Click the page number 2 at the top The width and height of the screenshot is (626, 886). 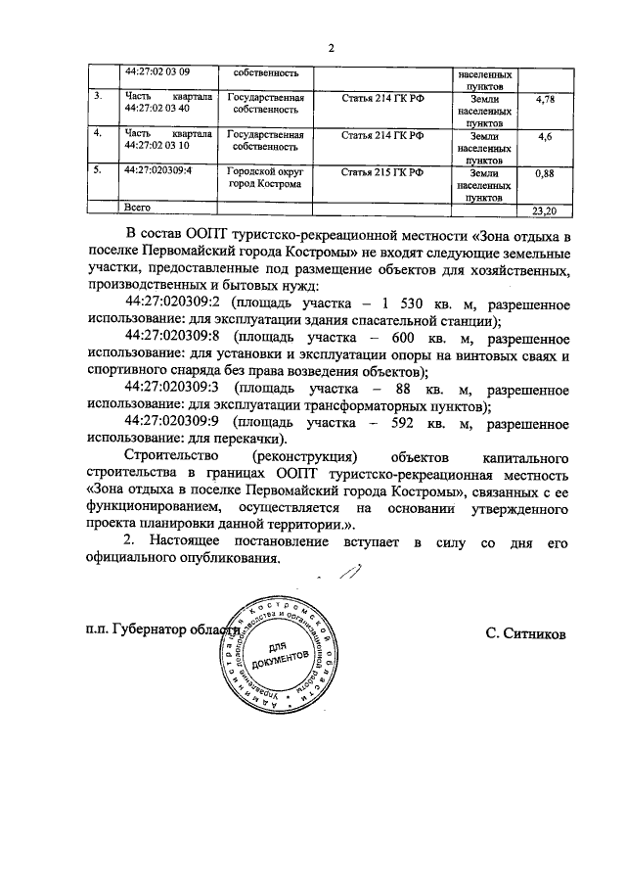coord(332,48)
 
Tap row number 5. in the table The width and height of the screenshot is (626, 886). coord(98,171)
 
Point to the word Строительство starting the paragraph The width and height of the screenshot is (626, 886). coord(175,457)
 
